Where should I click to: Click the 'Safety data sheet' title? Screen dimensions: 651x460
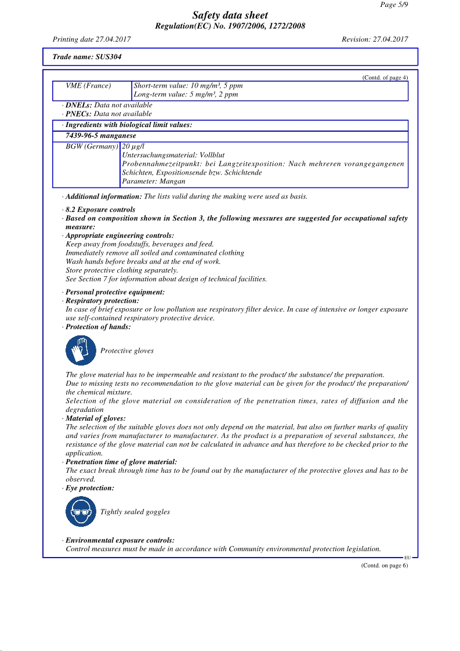(230, 16)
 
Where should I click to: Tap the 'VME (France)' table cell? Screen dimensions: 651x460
(88, 86)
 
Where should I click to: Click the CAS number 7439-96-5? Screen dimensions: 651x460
(83, 136)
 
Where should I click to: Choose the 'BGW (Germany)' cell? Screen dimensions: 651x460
(92, 146)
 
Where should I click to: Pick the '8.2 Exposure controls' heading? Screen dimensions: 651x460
(100, 209)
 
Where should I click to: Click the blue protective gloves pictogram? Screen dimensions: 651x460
(81, 350)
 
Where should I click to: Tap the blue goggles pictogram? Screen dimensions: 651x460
(81, 512)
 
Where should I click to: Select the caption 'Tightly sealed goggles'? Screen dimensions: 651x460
(135, 512)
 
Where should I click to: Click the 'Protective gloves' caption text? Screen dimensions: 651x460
(127, 351)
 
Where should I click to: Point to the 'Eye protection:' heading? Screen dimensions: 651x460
(90, 489)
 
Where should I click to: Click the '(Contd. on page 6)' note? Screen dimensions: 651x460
(385, 566)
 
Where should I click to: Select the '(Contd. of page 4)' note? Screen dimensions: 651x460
(385, 78)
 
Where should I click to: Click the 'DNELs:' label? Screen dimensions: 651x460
(79, 105)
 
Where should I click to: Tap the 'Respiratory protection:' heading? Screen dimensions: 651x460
(102, 301)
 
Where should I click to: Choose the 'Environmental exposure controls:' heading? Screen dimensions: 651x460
(120, 540)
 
